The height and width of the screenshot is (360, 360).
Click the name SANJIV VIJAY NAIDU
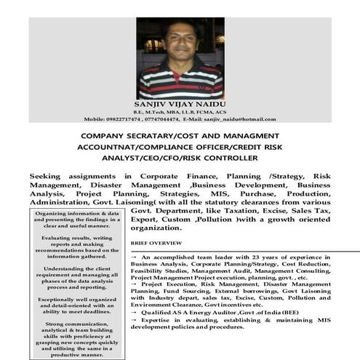pyautogui.click(x=180, y=103)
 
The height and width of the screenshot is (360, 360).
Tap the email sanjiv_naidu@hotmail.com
pyautogui.click(x=239, y=119)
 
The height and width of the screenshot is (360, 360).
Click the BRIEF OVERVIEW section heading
pyautogui.click(x=156, y=242)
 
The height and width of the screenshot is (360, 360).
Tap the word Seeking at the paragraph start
pyautogui.click(x=49, y=176)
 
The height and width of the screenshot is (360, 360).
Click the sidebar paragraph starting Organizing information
pyautogui.click(x=76, y=219)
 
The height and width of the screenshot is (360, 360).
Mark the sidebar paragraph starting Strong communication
pyautogui.click(x=76, y=339)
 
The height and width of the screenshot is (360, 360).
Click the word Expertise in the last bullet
pyautogui.click(x=159, y=320)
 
